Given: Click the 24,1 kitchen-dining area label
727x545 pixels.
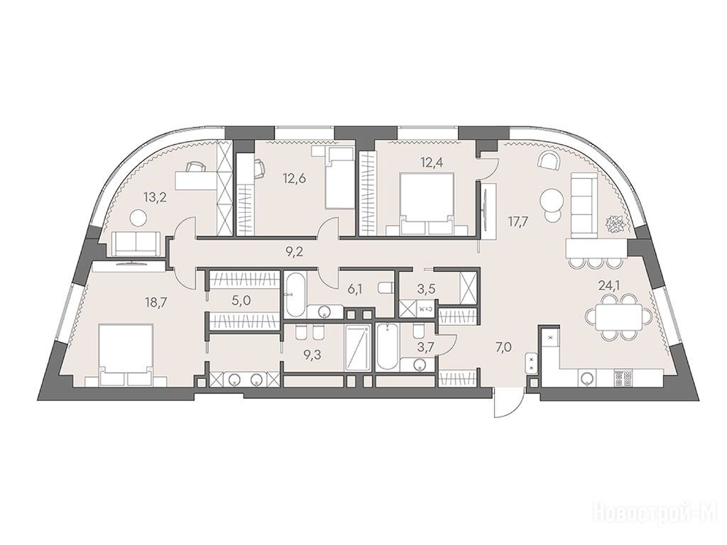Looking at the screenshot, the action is pyautogui.click(x=608, y=285).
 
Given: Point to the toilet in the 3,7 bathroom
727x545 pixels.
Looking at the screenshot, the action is pyautogui.click(x=417, y=331).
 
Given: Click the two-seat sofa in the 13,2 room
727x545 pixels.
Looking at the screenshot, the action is pyautogui.click(x=137, y=243).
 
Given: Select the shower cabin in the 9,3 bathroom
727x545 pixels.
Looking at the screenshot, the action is pyautogui.click(x=358, y=347).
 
